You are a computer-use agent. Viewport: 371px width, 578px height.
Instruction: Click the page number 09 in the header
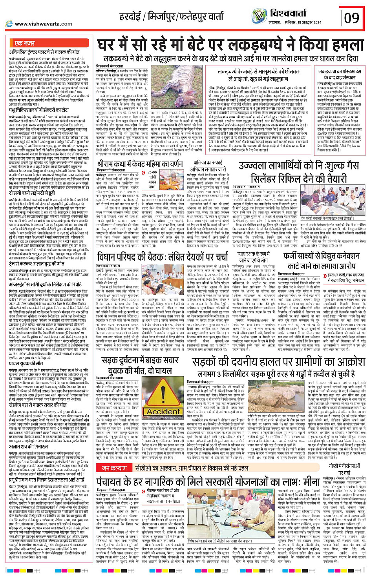click(x=352, y=18)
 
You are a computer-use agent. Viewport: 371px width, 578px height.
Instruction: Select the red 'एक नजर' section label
click(x=24, y=43)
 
